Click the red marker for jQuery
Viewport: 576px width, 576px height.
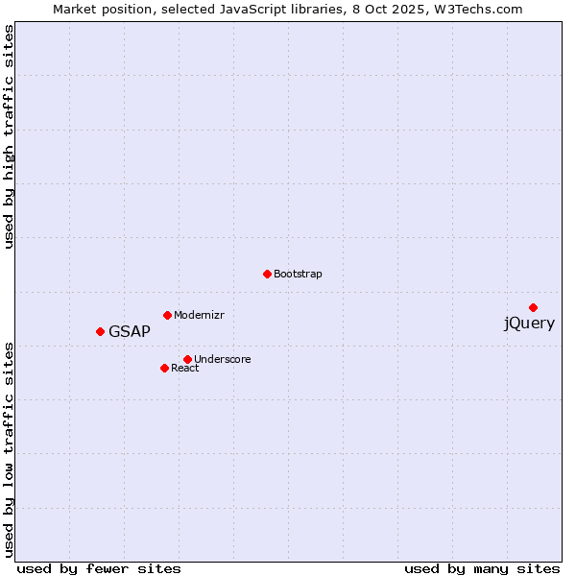pos(533,307)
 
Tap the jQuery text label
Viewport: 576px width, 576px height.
pos(529,324)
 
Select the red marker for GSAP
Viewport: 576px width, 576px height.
pos(100,331)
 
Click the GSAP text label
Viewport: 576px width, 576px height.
pos(130,332)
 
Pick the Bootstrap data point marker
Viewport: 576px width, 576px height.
pos(267,274)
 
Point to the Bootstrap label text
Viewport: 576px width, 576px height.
pos(298,275)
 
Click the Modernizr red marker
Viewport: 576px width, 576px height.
pos(167,315)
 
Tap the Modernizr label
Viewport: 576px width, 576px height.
pos(199,316)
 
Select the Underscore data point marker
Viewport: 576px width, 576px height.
pos(187,359)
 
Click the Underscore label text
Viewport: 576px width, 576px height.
pos(223,360)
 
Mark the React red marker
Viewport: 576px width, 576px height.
pos(164,368)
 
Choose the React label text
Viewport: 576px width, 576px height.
pos(185,369)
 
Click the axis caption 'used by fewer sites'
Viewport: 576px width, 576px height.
pos(99,568)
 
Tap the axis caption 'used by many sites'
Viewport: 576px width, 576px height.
pos(482,568)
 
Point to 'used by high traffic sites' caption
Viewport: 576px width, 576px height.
pos(10,136)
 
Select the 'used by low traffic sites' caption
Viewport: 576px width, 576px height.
pos(10,448)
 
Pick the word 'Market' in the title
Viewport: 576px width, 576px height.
pos(74,10)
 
